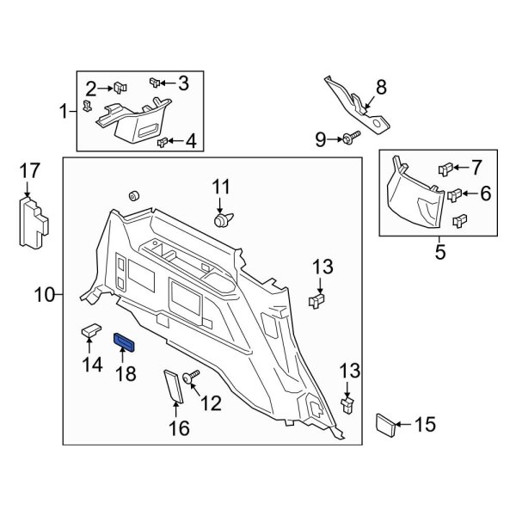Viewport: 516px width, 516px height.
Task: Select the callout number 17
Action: [30, 172]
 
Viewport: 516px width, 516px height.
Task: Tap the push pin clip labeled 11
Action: [223, 221]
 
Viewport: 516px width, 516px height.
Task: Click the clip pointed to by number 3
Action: [155, 83]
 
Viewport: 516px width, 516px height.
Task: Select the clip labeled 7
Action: [445, 167]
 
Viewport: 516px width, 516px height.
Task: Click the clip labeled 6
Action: [455, 196]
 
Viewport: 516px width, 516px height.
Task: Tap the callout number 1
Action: [63, 111]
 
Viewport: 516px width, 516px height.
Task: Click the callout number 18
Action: [126, 374]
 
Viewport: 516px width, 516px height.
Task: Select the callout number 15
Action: [426, 424]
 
